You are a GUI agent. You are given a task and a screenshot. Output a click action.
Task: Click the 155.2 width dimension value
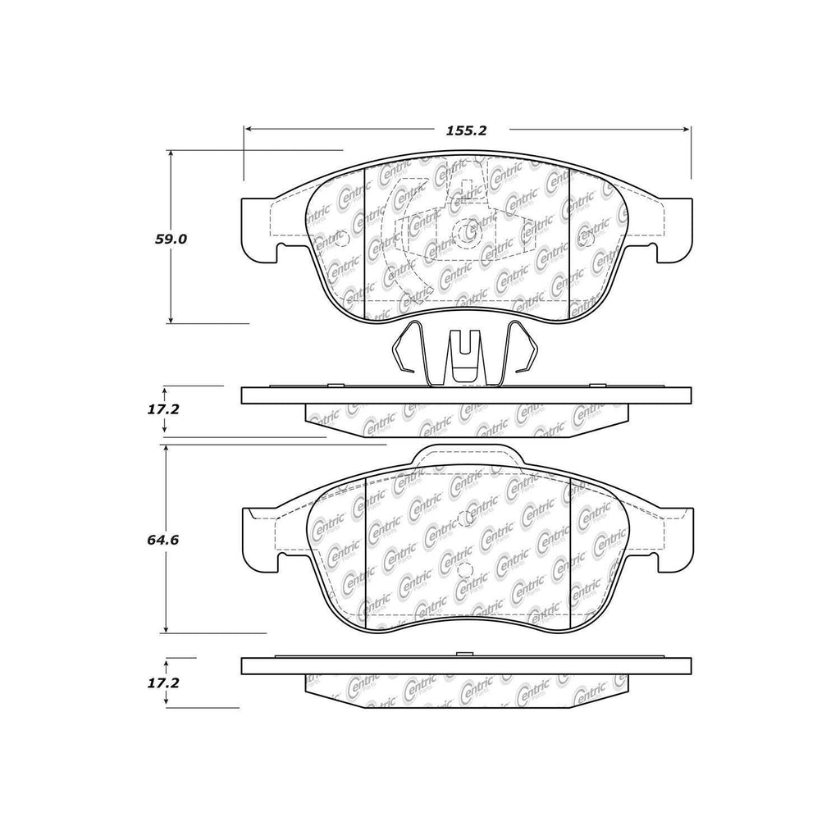click(x=468, y=130)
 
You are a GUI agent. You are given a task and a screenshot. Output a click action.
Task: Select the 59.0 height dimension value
click(x=172, y=240)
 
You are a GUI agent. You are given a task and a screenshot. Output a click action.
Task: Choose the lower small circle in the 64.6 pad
click(x=464, y=572)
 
